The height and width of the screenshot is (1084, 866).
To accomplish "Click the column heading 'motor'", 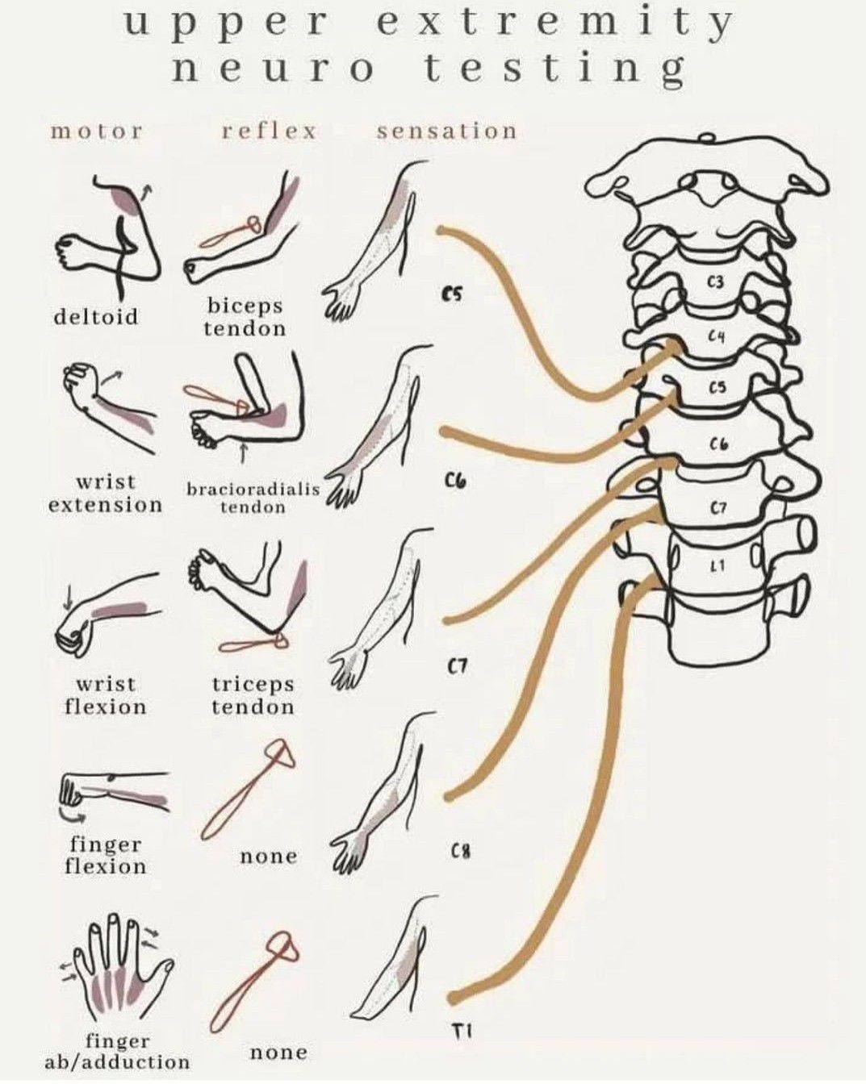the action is point(96,131).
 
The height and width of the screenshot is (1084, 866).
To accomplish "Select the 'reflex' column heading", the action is point(270,131).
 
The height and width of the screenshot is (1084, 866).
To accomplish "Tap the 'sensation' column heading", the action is point(446,131).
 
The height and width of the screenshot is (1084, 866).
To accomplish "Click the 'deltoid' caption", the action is point(96,316).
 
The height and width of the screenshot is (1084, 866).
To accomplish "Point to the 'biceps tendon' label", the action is point(245,317).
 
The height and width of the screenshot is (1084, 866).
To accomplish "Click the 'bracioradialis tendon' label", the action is point(253,498).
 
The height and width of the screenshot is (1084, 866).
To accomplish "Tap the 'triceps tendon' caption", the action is point(253,695).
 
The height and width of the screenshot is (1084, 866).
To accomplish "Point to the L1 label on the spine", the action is point(717,567).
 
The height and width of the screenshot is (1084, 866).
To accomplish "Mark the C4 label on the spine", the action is point(717,336).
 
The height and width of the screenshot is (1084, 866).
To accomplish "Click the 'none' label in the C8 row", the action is point(269,857).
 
